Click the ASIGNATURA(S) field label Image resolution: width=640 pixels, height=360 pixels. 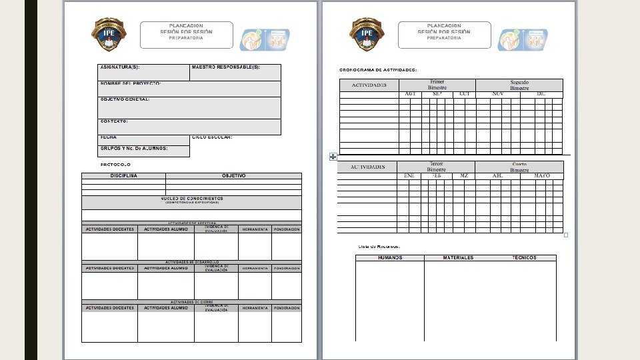click(120, 67)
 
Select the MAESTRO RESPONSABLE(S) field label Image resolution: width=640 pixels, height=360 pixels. click(225, 67)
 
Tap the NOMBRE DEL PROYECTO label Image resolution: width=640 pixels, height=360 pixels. click(131, 84)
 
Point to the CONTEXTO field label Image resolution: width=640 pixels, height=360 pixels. click(114, 121)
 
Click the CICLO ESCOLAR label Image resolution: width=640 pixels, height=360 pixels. click(212, 137)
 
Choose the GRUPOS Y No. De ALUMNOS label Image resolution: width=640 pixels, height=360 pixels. click(134, 149)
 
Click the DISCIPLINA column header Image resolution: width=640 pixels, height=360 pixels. click(124, 176)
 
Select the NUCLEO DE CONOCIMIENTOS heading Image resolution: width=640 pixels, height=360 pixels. click(191, 199)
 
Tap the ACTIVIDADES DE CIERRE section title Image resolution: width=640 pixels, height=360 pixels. click(191, 302)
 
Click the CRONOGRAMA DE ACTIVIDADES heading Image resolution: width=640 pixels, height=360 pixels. click(378, 70)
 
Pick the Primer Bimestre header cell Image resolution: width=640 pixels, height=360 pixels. click(437, 85)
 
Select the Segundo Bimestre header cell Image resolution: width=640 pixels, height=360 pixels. click(519, 85)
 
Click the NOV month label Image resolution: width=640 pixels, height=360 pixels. click(497, 94)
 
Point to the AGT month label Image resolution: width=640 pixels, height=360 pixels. click(410, 94)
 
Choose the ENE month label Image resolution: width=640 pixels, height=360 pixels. click(409, 175)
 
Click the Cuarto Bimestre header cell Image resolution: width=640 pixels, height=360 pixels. click(519, 167)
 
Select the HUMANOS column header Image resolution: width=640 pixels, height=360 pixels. click(390, 258)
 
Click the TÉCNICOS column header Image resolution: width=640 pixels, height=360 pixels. click(524, 258)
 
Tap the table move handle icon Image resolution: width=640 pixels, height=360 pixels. click(333, 157)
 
